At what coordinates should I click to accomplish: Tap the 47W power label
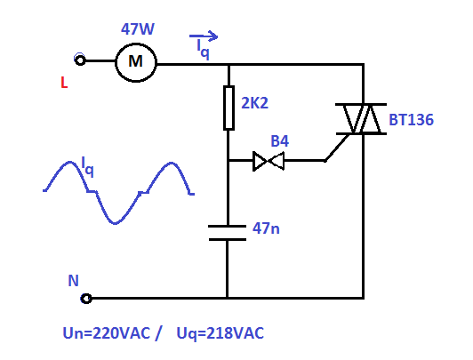point(138,29)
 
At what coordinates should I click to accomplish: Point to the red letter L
point(64,83)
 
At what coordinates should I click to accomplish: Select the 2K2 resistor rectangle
point(228,108)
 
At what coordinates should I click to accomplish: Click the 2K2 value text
point(254,103)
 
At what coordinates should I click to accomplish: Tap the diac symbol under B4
point(269,161)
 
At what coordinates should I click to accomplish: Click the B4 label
point(280,140)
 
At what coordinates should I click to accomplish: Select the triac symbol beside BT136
point(361,119)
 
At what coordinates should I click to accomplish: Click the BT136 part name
point(411,120)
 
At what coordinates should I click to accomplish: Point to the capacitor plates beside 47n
point(227,233)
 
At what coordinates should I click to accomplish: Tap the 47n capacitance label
point(266,228)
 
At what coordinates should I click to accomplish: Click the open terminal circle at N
point(86,299)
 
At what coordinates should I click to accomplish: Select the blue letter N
point(73,281)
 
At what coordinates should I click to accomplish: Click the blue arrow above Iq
point(204,36)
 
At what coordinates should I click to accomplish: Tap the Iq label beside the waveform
point(87,167)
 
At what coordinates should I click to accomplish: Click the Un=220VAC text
point(106,333)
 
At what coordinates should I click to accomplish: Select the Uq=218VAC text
point(220,333)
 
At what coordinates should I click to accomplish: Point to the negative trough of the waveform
point(115,223)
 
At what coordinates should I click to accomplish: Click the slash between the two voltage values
point(158,333)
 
